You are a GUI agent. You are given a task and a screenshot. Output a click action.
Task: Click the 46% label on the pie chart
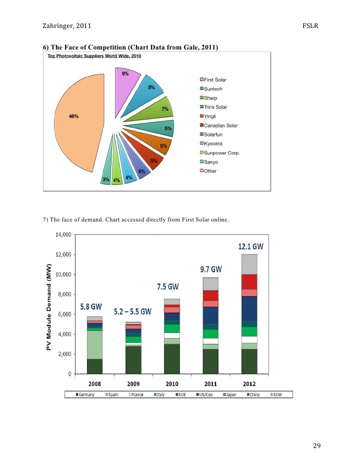click(x=73, y=116)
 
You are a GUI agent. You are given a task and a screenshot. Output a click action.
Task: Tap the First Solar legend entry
click(x=215, y=80)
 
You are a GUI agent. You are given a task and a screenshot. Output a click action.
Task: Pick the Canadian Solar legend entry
click(x=220, y=125)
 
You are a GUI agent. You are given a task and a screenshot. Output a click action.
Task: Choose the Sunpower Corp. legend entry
click(x=221, y=153)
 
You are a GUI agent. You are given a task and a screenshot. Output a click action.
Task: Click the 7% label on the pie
click(x=164, y=108)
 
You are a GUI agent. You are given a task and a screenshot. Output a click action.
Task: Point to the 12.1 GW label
click(x=250, y=246)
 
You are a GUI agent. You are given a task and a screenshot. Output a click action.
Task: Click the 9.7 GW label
click(x=211, y=269)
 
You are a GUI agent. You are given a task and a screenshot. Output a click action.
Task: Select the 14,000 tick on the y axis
click(x=62, y=234)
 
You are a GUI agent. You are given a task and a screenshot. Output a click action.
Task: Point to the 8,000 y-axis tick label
click(x=64, y=294)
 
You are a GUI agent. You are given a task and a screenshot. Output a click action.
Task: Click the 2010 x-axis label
click(x=172, y=383)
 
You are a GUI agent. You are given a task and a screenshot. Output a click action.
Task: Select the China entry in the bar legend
click(x=252, y=394)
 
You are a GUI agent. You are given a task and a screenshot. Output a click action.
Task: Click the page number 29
click(x=316, y=446)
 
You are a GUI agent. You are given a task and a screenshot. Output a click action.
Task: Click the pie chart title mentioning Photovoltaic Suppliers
click(x=94, y=56)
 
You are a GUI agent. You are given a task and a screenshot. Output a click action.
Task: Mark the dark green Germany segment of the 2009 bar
click(x=133, y=359)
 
